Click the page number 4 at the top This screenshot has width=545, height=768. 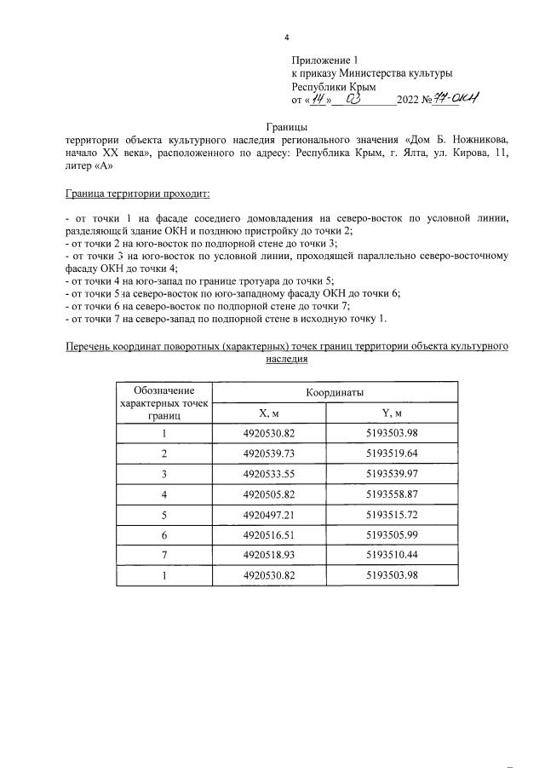[x=287, y=38]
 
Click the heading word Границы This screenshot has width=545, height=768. [x=287, y=126]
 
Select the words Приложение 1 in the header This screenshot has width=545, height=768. [x=325, y=61]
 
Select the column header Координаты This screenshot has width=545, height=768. [x=336, y=393]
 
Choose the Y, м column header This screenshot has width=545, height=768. [x=392, y=413]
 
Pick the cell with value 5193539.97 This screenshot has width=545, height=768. [x=392, y=473]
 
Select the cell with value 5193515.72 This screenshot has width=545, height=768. [x=392, y=514]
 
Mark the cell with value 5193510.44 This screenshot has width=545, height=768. [x=392, y=554]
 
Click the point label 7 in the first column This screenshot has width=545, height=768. [x=163, y=554]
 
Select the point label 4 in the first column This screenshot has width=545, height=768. [x=163, y=494]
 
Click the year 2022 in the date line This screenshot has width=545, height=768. [x=408, y=100]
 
